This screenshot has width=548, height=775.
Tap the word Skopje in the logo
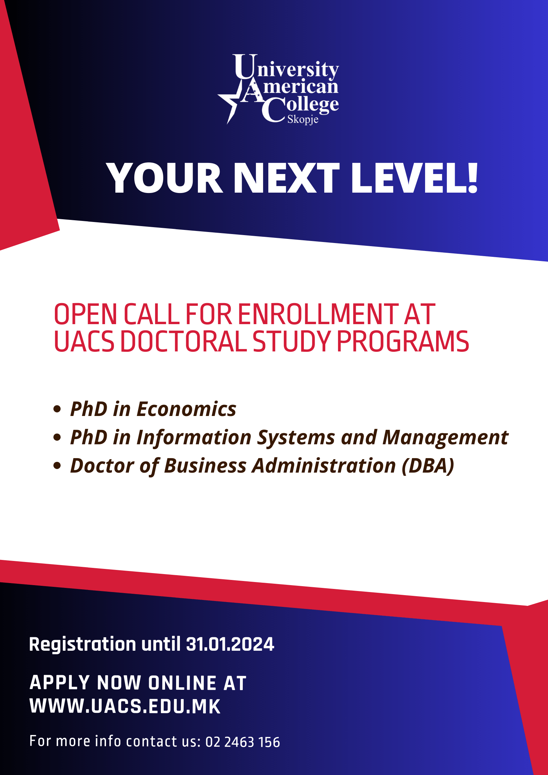coord(303,119)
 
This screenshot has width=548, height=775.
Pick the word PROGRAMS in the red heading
coord(403,342)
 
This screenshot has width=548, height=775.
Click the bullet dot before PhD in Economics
coord(57,409)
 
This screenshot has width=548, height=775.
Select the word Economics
coord(186,409)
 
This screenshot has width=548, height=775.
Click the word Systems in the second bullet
coord(296,438)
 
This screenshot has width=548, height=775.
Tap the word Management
coord(445,438)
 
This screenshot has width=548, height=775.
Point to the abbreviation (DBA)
coord(428,466)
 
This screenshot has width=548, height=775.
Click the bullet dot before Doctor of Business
coord(57,466)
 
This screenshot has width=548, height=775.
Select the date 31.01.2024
coord(230,644)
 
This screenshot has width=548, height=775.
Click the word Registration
coord(83,644)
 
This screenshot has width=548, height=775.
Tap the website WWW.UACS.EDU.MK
coord(125,706)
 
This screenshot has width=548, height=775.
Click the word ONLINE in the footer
coord(182,683)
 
